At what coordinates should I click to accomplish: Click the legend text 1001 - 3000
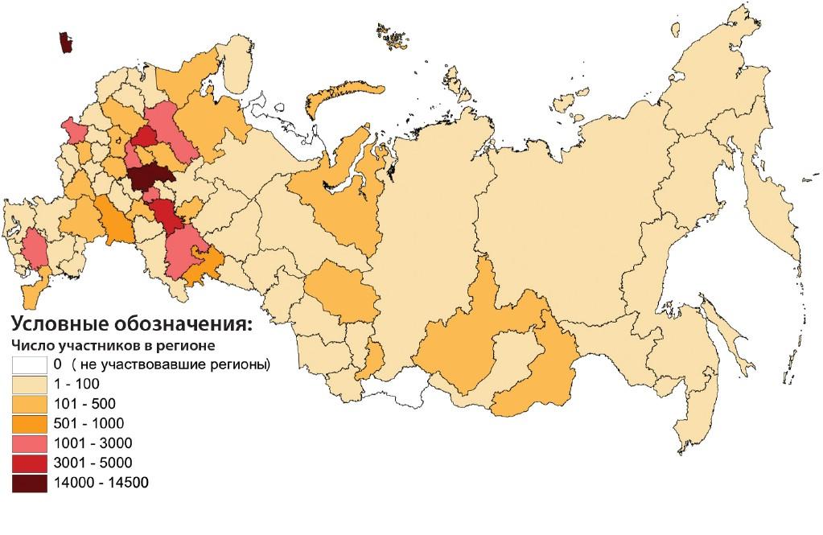[x=93, y=443]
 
